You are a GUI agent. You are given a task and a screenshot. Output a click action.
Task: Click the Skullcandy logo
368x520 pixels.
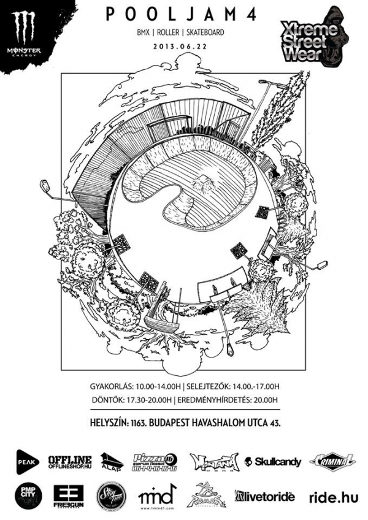click(x=272, y=462)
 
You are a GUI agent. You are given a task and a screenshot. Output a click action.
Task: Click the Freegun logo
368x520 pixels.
click(x=68, y=494)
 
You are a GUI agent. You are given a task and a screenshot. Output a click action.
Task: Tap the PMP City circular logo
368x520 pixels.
click(x=27, y=494)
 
